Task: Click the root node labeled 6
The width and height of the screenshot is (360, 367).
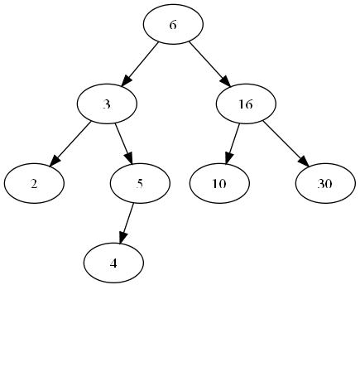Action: [x=173, y=24]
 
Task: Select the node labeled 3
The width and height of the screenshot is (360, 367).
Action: [x=107, y=104]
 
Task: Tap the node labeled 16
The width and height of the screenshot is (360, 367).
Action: [x=246, y=104]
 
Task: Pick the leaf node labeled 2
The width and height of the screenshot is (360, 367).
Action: [x=34, y=183]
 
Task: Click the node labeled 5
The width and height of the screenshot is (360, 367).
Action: [x=140, y=183]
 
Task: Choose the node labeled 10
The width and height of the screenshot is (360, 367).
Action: [x=219, y=183]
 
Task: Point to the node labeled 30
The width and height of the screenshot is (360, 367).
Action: [x=325, y=183]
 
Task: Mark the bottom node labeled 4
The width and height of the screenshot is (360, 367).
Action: [x=113, y=263]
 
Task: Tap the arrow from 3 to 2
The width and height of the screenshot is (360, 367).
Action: [x=70, y=144]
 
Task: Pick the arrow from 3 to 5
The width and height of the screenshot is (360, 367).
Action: [x=124, y=144]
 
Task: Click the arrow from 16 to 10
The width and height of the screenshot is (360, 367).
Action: [x=233, y=144]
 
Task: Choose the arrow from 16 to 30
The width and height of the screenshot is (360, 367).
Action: [x=286, y=143]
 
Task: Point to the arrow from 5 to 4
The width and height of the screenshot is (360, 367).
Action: [x=127, y=224]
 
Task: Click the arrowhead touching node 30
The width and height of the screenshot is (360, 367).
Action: [x=303, y=162]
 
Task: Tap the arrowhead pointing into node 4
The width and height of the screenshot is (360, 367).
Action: [x=122, y=238]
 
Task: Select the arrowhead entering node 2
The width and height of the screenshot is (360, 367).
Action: [x=55, y=161]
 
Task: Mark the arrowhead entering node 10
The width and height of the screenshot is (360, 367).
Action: [x=229, y=158]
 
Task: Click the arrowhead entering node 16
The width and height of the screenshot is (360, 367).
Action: [x=225, y=81]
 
